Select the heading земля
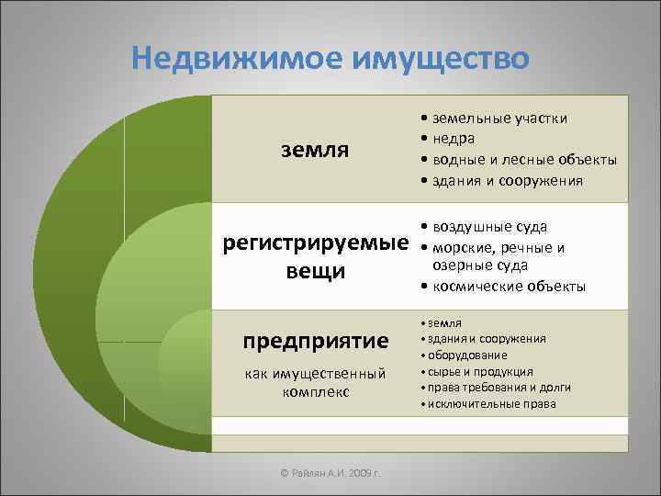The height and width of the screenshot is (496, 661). pos(314,149)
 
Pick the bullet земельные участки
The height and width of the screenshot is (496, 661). pos(496,118)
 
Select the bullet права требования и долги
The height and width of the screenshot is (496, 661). pos(491,388)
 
